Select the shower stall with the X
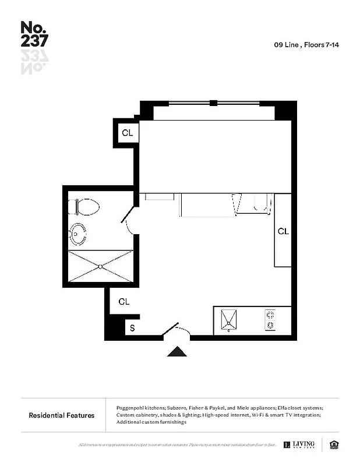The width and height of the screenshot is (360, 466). coord(100,266)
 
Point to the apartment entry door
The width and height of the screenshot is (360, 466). coord(172,330)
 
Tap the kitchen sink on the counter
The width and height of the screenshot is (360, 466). coord(230,320)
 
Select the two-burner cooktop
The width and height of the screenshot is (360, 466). coord(270,320)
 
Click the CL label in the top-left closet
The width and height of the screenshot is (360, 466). coord(127,133)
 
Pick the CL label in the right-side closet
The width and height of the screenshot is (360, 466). coord(283,231)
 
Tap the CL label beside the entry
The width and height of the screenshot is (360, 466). coord(123,302)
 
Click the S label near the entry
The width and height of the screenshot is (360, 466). coord(132,328)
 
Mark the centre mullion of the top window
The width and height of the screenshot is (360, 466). coord(213,103)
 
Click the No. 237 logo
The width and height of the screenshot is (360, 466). coord(34,34)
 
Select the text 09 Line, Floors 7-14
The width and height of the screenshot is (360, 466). coord(306,44)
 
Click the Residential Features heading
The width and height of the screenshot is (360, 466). coord(62,415)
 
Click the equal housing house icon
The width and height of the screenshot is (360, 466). coord(334,444)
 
